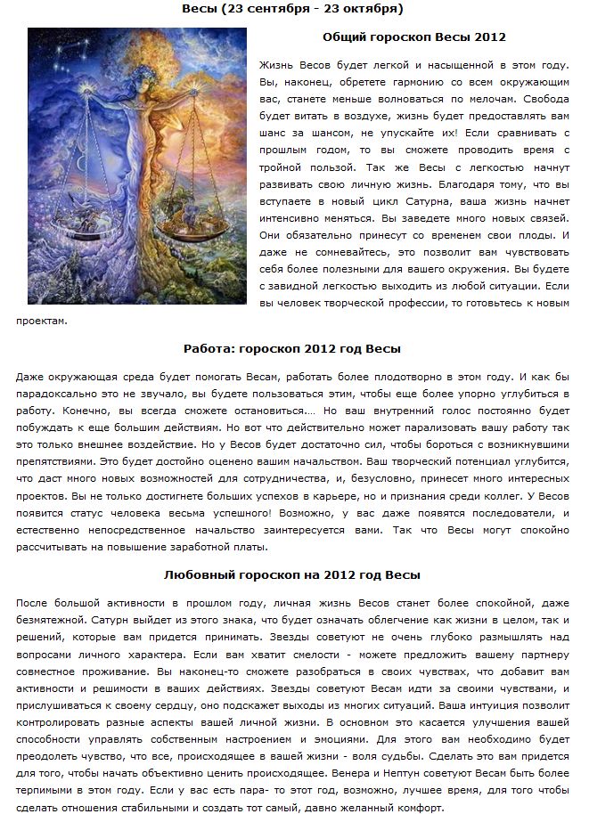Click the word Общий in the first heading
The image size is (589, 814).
click(344, 37)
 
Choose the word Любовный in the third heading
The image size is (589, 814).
click(201, 574)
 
